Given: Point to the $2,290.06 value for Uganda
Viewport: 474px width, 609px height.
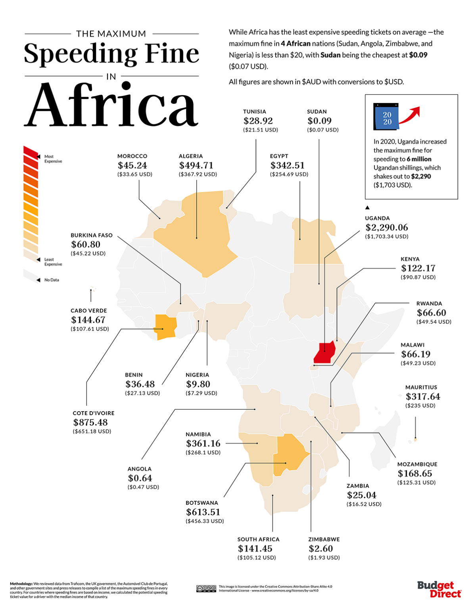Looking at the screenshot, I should (x=386, y=228).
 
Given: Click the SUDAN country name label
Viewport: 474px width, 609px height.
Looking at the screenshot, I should (x=317, y=112).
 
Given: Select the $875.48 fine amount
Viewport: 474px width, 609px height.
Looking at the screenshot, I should (x=90, y=423).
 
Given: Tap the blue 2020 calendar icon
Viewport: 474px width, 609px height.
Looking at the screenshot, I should (x=386, y=117).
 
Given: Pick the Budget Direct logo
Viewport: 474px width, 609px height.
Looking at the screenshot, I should (x=439, y=589).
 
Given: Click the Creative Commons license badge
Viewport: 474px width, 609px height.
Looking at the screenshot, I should (x=206, y=588).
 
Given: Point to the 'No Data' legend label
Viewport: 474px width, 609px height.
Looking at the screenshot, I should (x=52, y=280).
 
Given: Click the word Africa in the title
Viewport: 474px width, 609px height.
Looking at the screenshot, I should (x=111, y=105).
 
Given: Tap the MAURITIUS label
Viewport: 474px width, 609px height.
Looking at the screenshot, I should (x=421, y=387).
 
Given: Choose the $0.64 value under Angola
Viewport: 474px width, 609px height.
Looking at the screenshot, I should (x=140, y=478).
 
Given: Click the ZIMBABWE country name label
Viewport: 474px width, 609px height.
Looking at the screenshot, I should (x=324, y=539).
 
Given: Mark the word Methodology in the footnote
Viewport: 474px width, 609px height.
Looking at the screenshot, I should (x=21, y=584).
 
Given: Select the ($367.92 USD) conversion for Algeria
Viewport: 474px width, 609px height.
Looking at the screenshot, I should (x=198, y=174).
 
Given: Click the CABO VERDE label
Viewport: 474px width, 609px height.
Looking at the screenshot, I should (x=89, y=311).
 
